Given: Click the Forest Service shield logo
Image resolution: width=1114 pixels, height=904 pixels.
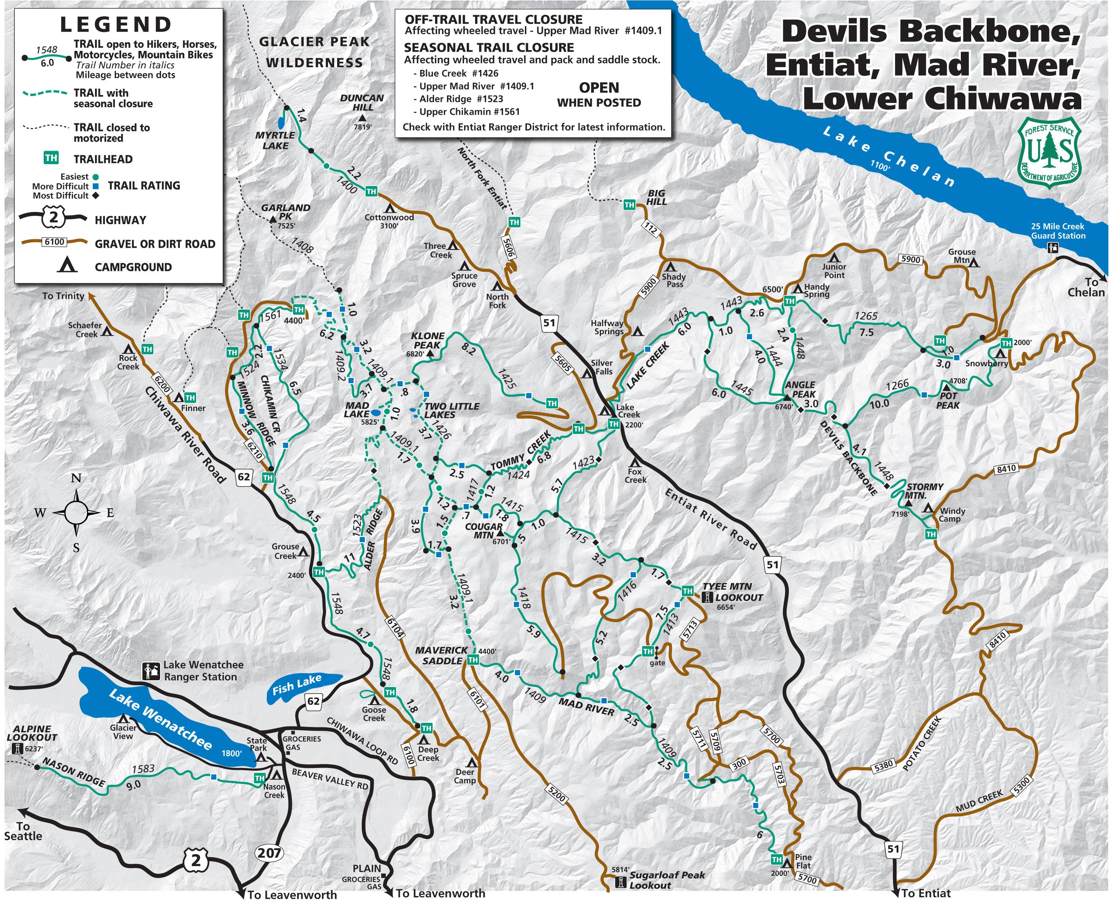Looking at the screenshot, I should tap(1049, 153).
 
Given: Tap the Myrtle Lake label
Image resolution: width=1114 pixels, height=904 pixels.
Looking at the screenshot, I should tap(275, 141).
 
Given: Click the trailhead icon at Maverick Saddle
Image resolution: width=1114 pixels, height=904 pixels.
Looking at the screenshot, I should tap(472, 660).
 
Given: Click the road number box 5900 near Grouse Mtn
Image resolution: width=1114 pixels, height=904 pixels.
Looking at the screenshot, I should tap(910, 259).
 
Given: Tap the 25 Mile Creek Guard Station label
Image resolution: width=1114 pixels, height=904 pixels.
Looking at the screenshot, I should tap(1058, 231).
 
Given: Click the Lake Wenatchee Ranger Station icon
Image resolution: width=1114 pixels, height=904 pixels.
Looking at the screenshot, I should tap(151, 671).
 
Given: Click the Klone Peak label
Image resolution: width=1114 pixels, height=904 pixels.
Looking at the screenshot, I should tap(428, 340).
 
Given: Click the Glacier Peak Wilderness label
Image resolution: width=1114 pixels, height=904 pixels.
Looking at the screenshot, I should tap(314, 52).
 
